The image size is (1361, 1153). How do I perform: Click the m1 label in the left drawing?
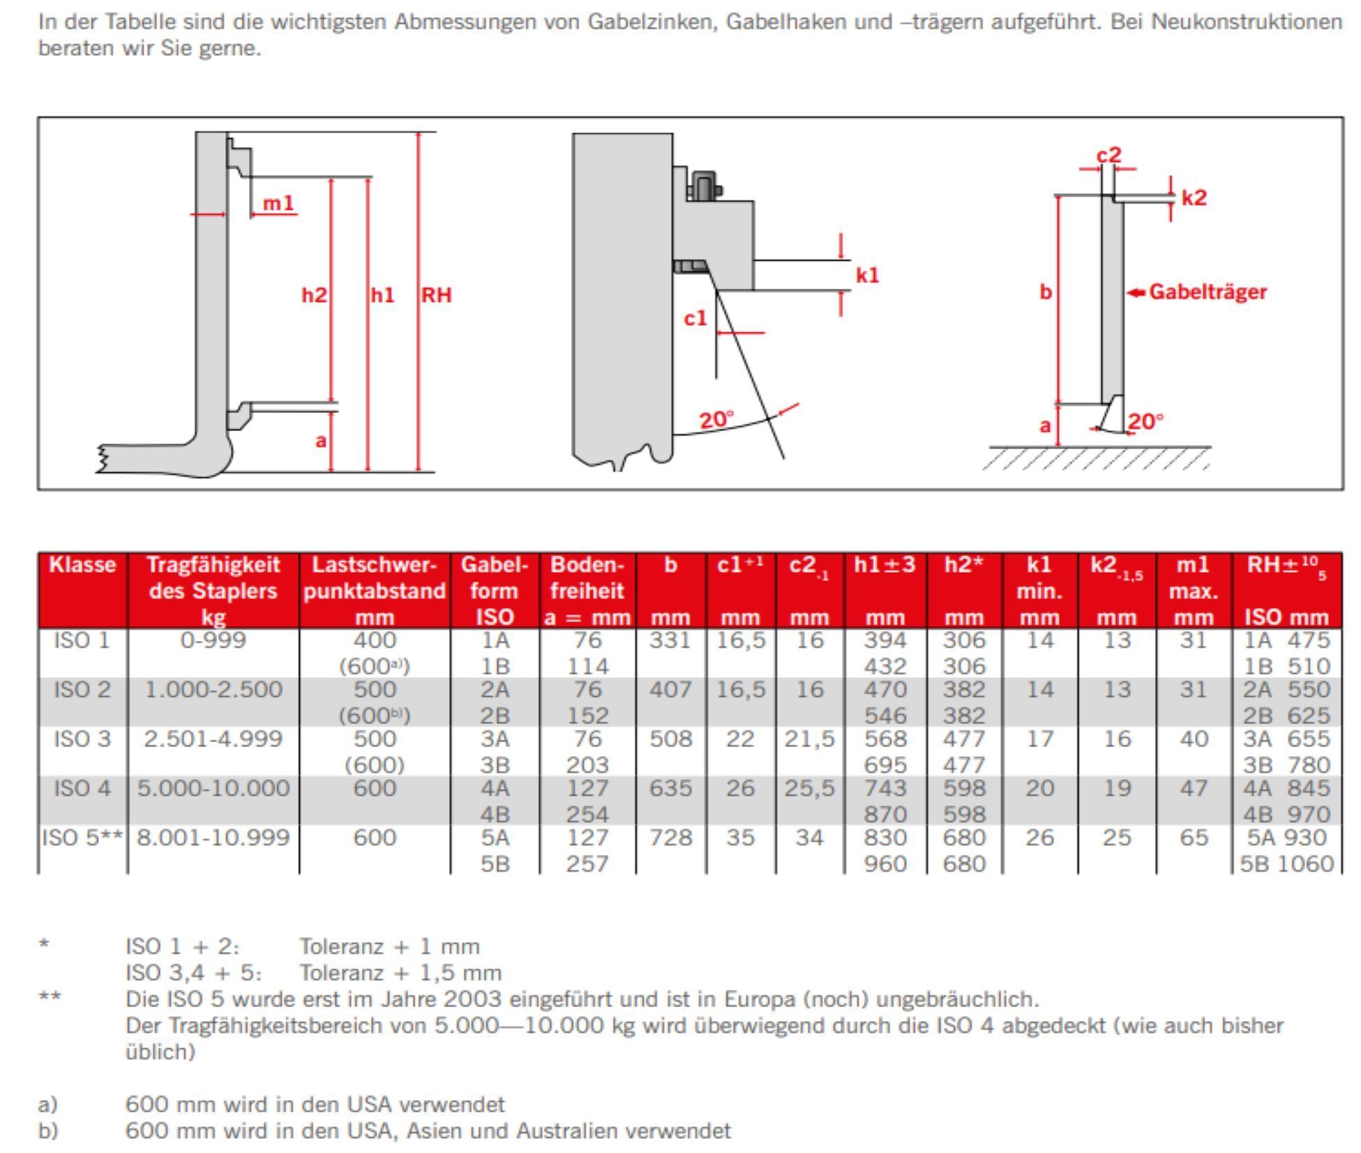278,203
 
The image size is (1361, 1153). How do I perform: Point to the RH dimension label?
436,295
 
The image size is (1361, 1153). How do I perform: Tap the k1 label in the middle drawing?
867,276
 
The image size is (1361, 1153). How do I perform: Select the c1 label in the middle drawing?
695,318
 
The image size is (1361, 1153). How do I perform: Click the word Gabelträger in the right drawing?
1208,292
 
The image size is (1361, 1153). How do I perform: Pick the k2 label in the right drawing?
1194,197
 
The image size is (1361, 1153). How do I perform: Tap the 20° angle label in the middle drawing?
716,420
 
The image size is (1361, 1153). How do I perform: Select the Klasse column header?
82,564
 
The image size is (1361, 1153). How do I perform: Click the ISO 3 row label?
82,739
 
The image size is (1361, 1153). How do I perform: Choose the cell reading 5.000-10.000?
213,788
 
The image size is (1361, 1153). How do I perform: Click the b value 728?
670,837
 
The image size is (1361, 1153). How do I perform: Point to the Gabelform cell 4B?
495,814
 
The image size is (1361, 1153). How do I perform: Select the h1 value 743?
885,788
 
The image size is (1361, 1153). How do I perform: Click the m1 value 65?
1193,837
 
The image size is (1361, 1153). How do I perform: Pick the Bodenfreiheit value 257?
587,864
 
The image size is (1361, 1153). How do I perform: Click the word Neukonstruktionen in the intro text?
1246,22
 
